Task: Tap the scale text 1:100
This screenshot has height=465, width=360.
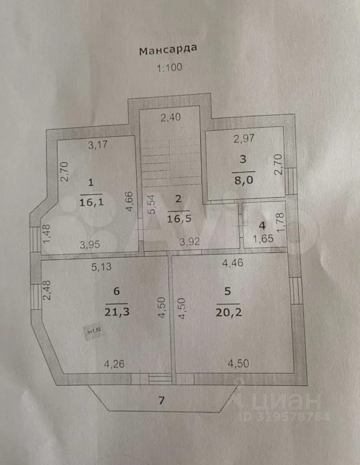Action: point(169,67)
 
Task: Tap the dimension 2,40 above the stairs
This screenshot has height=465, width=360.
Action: point(171,117)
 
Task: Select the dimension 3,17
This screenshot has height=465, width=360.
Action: point(97,144)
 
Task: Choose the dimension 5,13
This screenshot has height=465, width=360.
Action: point(102,265)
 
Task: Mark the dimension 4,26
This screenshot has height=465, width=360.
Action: point(116,364)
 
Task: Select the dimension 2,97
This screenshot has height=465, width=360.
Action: point(244,139)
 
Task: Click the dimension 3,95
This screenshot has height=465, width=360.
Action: point(90,244)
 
